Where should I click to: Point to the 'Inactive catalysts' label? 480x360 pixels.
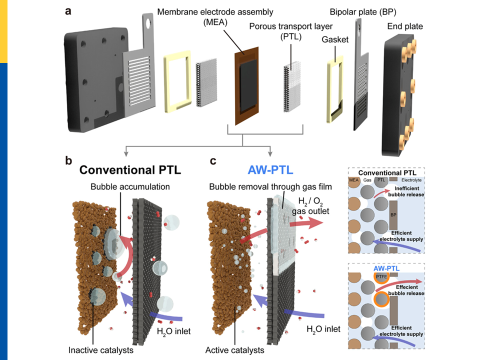[x=101, y=350]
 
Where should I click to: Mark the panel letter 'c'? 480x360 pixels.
[x=213, y=161]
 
